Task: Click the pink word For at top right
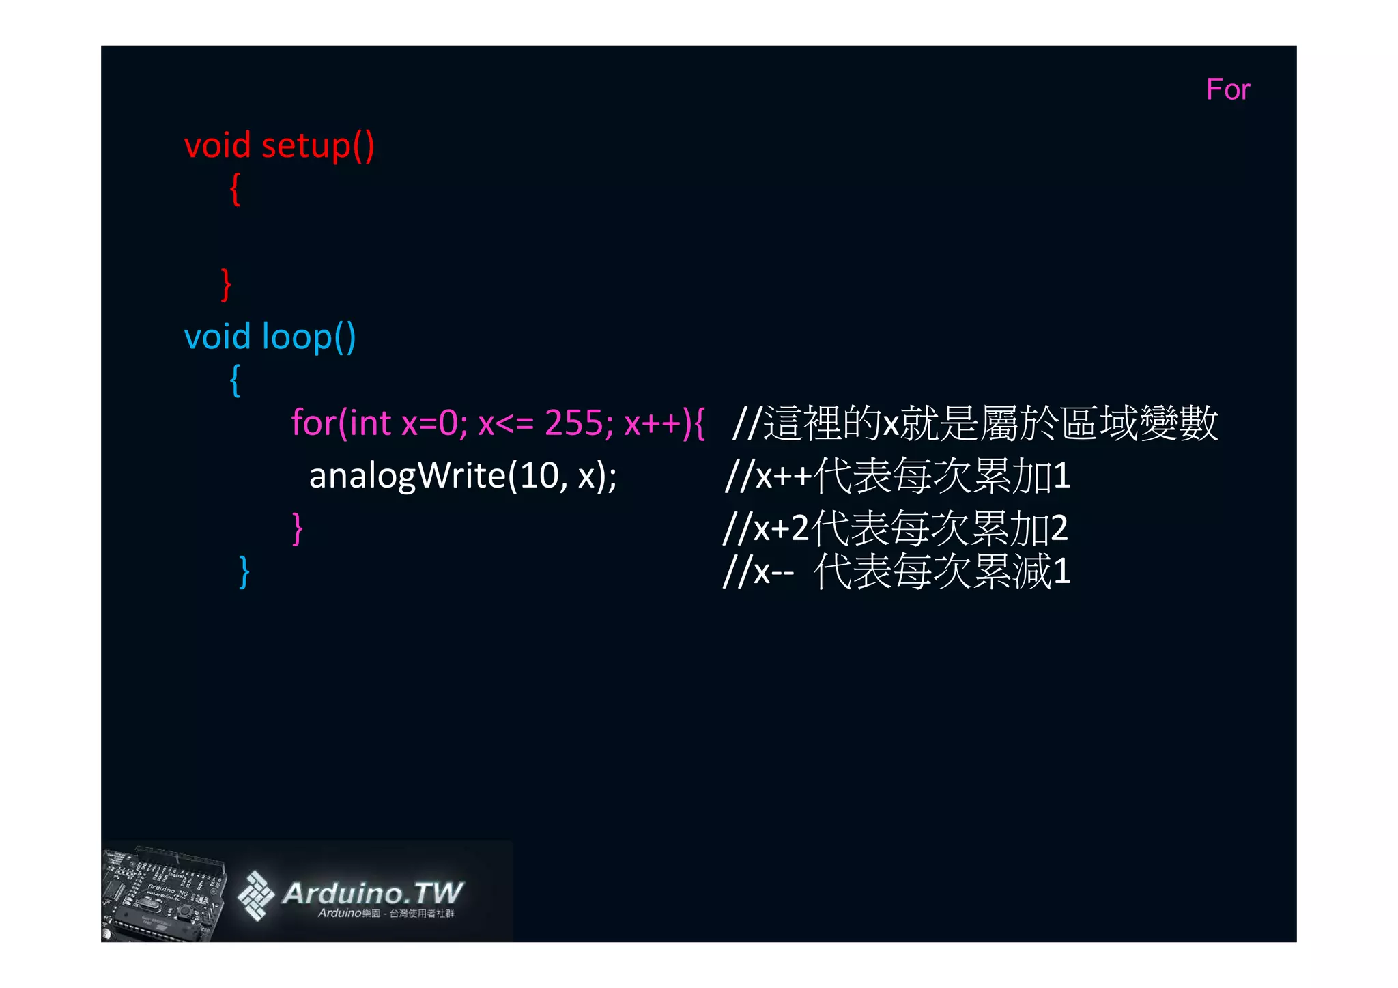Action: (1227, 89)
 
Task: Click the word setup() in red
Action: (317, 145)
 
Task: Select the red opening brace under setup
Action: (235, 189)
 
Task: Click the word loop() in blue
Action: (309, 337)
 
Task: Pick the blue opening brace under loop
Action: (235, 380)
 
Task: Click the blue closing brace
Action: (244, 571)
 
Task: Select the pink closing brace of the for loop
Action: (297, 528)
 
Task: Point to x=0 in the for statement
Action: (429, 423)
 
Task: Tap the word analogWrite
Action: (406, 475)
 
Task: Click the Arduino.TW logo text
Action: (372, 892)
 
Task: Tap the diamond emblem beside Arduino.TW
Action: (255, 895)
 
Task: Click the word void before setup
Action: (218, 145)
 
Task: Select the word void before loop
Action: (218, 337)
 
